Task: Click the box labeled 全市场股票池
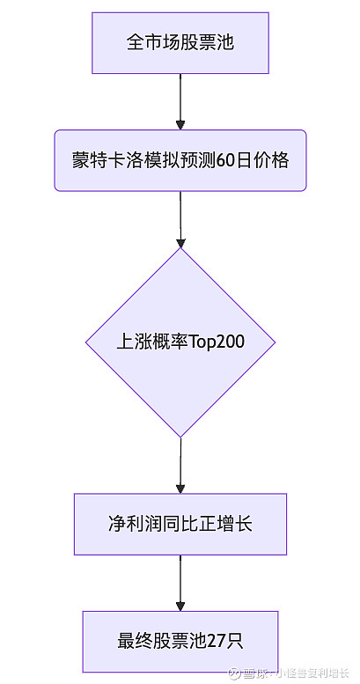click(x=180, y=43)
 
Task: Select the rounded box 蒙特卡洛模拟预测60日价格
click(x=180, y=160)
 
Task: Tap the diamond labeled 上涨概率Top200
click(x=180, y=342)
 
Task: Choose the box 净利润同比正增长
click(x=180, y=524)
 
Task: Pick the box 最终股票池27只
click(x=180, y=641)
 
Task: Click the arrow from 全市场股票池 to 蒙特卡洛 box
click(x=180, y=101)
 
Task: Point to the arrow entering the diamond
click(x=180, y=220)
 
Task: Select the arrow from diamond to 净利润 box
click(x=180, y=466)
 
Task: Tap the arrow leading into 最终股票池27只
click(x=180, y=583)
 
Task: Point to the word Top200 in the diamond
click(x=216, y=342)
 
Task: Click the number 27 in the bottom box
click(x=217, y=642)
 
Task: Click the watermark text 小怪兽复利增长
click(x=310, y=673)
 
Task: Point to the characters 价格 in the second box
click(x=271, y=161)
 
